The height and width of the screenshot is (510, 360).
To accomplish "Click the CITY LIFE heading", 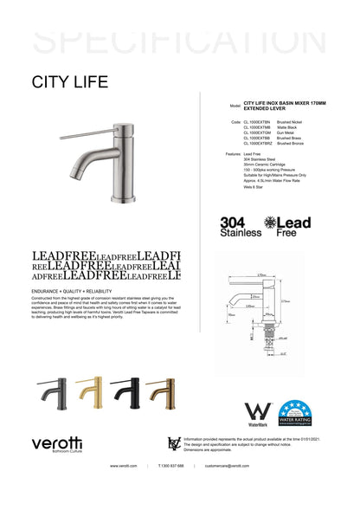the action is [70, 82].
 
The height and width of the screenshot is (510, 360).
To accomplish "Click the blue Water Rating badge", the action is [295, 414].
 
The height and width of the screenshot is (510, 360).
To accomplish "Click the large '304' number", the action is [234, 222].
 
